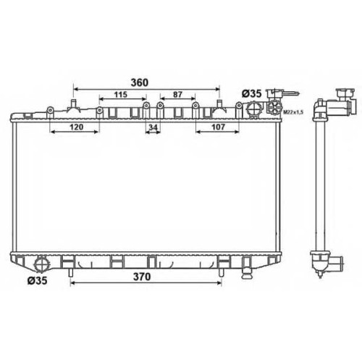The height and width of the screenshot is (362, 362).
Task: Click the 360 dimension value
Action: [x=140, y=83]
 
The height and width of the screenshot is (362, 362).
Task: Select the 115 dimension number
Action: [x=121, y=95]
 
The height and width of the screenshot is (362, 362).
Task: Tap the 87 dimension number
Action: [x=177, y=95]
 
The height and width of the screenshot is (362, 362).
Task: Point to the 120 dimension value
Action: [x=77, y=127]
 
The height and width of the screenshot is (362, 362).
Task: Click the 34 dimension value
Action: [x=153, y=127]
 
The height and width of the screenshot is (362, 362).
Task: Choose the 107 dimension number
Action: [x=218, y=127]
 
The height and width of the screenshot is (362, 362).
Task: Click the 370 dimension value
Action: [x=142, y=277]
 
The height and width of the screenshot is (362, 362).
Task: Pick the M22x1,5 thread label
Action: [x=293, y=112]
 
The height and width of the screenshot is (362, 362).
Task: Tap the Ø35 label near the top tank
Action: [x=252, y=93]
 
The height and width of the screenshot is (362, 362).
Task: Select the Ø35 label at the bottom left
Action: [x=38, y=280]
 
